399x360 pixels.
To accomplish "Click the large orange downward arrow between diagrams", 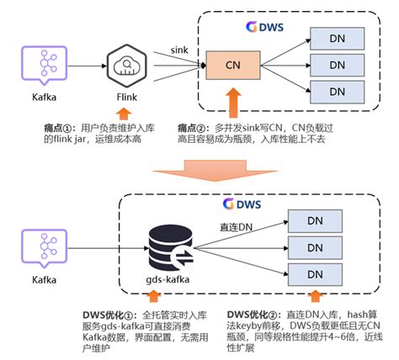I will pyautogui.click(x=199, y=170).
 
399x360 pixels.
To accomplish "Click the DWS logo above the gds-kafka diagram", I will pyautogui.click(x=242, y=204).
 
